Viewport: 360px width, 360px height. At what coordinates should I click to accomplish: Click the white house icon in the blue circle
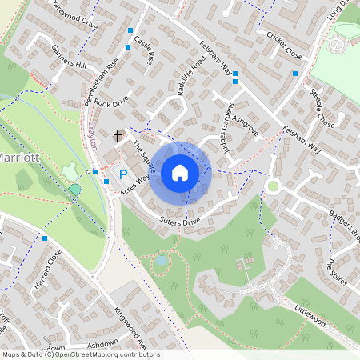point(180,172)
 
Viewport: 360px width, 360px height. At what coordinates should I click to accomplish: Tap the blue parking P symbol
point(123,174)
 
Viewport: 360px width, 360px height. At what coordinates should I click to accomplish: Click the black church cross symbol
point(118,136)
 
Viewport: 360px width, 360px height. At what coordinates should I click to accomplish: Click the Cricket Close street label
point(284,47)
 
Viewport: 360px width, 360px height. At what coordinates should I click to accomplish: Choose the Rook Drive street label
point(111,102)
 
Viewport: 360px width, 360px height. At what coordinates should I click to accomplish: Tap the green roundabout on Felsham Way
point(272,186)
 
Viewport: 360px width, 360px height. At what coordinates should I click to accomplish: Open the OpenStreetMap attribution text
point(81,354)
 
